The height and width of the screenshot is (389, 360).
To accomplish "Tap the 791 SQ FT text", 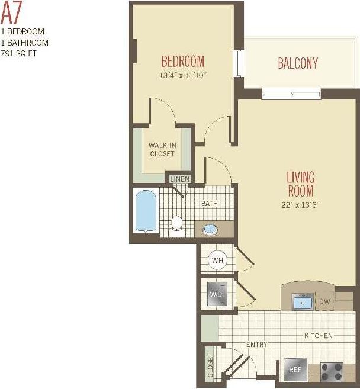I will (x=22, y=53).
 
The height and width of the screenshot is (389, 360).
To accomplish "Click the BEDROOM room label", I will (x=183, y=62).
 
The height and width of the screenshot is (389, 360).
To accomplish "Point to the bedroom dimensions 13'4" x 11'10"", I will (x=183, y=75).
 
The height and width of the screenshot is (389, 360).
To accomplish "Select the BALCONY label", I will (x=298, y=63).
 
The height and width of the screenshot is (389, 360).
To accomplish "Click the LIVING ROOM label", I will (x=301, y=184).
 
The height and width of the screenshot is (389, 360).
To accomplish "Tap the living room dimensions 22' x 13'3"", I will (x=301, y=205).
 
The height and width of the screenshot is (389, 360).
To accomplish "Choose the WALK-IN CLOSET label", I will (x=162, y=149).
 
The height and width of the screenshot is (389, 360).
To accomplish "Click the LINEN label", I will (x=180, y=179).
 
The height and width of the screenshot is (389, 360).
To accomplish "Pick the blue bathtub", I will (x=145, y=211).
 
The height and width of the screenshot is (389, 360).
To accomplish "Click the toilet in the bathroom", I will (x=176, y=226).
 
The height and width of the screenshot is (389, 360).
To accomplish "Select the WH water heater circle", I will (x=217, y=259).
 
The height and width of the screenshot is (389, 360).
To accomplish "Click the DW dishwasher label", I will (x=324, y=302).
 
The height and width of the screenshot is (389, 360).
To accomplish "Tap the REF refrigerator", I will (x=295, y=369).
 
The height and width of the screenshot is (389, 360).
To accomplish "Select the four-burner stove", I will (x=332, y=371).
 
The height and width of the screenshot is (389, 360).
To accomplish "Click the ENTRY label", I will (x=256, y=345).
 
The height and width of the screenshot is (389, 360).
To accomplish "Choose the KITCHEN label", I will (x=318, y=336).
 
